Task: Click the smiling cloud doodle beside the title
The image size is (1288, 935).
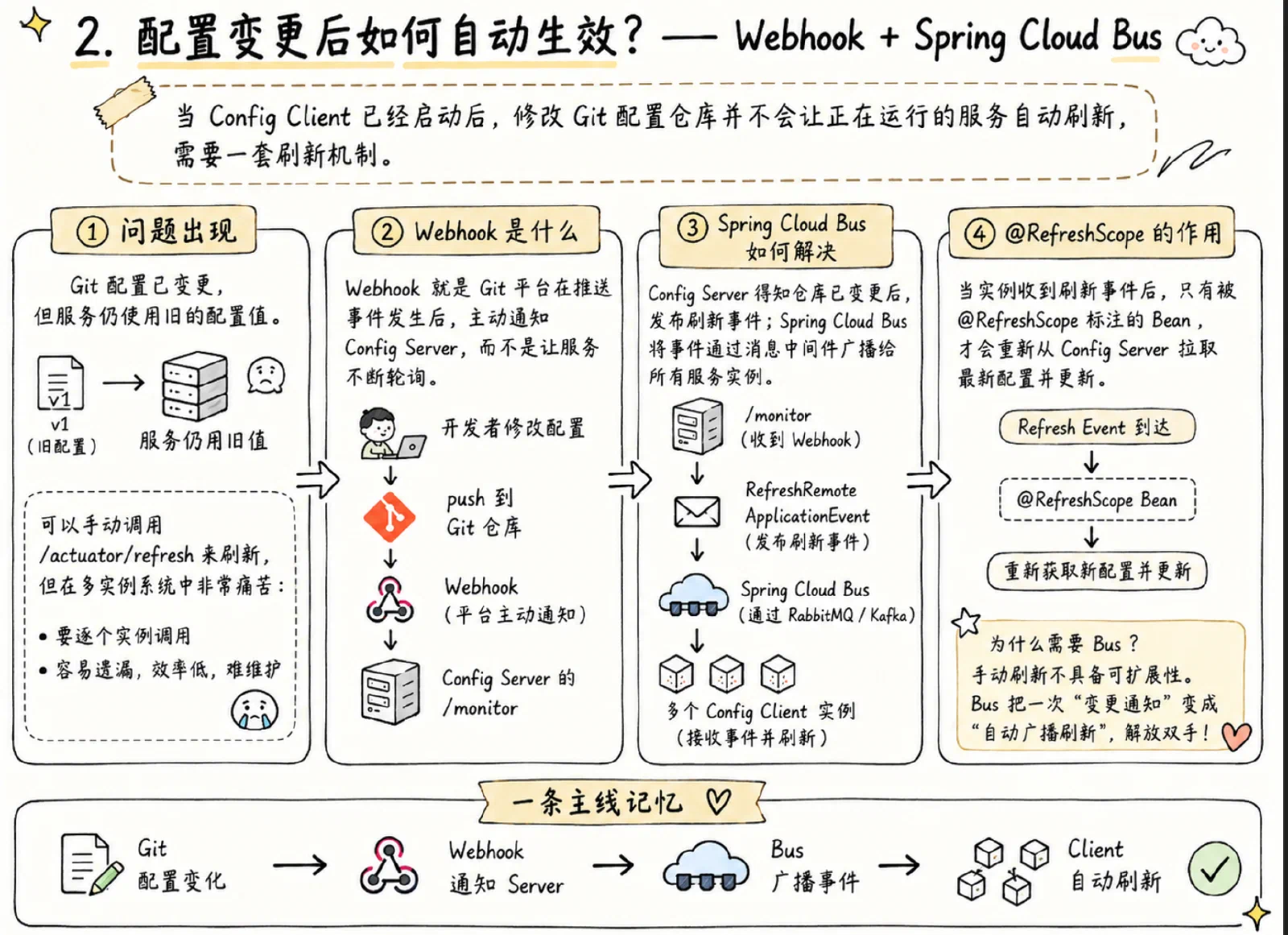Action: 1211,41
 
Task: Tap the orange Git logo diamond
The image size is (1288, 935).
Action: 390,516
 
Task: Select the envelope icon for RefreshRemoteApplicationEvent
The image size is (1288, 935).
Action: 697,511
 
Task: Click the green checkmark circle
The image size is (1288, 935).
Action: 1215,868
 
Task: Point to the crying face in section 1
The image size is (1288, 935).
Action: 254,710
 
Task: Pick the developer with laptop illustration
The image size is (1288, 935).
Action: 392,433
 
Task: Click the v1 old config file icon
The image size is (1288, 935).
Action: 60,383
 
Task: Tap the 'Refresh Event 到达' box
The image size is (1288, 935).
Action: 1097,427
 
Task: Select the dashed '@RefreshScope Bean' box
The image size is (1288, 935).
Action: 1097,499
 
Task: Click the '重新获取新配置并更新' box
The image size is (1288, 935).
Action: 1096,571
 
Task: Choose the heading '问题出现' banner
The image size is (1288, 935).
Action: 154,230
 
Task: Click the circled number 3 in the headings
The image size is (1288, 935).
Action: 693,227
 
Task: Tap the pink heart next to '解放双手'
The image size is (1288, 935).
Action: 1236,736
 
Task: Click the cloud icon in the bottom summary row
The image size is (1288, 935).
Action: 705,866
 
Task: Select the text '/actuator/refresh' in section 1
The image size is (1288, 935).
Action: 117,555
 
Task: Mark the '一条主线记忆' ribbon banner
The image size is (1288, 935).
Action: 622,801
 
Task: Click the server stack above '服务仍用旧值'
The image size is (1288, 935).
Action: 195,386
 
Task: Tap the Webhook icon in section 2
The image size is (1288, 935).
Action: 390,600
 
